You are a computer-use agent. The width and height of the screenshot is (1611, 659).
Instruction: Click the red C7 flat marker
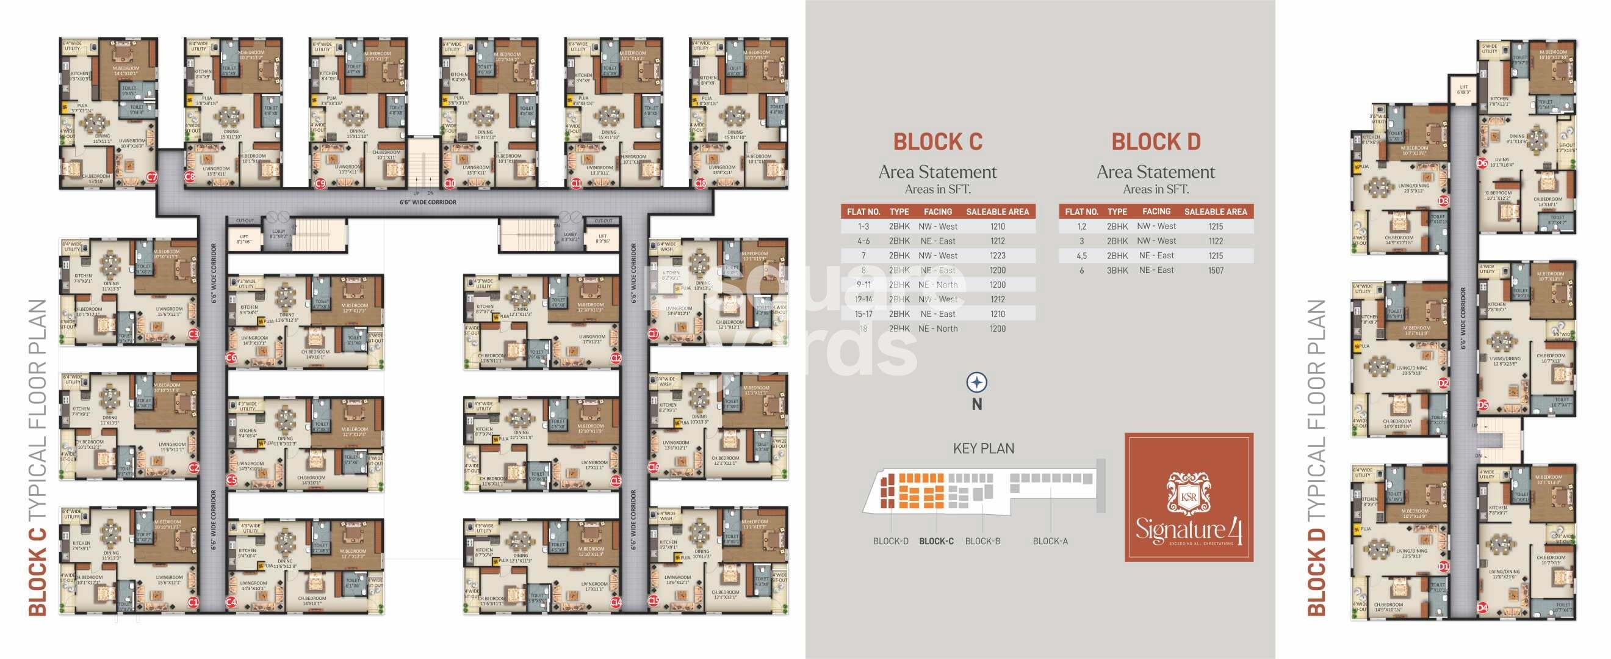coord(152,178)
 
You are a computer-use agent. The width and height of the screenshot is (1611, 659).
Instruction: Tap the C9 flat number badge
coord(320,183)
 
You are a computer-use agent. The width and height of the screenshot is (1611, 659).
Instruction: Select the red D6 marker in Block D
coord(1482,163)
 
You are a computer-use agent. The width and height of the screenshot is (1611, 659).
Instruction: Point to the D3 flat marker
coord(1443,201)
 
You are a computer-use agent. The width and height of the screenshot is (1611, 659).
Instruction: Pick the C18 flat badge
coord(701,183)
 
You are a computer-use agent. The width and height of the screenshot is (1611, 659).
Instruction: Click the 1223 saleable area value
coord(998,256)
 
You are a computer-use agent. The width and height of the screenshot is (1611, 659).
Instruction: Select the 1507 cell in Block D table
coord(1216,271)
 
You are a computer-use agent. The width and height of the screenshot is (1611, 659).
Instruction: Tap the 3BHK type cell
coord(1117,271)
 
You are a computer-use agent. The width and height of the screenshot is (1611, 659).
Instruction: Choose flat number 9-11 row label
coord(863,285)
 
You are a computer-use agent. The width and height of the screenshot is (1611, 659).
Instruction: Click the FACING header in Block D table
coord(1156,211)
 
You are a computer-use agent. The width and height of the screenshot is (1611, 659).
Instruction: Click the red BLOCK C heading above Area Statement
coord(937,142)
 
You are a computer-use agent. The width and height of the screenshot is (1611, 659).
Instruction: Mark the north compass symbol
coord(977,382)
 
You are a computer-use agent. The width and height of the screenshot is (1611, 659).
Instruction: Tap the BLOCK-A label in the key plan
coord(1050,541)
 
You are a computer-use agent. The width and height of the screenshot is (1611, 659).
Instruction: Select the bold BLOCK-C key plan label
coord(936,541)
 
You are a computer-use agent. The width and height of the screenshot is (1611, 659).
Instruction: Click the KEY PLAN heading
coord(983,449)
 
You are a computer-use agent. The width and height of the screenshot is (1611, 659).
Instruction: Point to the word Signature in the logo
coord(1179,530)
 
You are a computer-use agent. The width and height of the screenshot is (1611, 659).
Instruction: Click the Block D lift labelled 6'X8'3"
coord(1463,90)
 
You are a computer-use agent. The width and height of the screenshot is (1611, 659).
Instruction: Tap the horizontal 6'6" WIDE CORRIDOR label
coord(428,203)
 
